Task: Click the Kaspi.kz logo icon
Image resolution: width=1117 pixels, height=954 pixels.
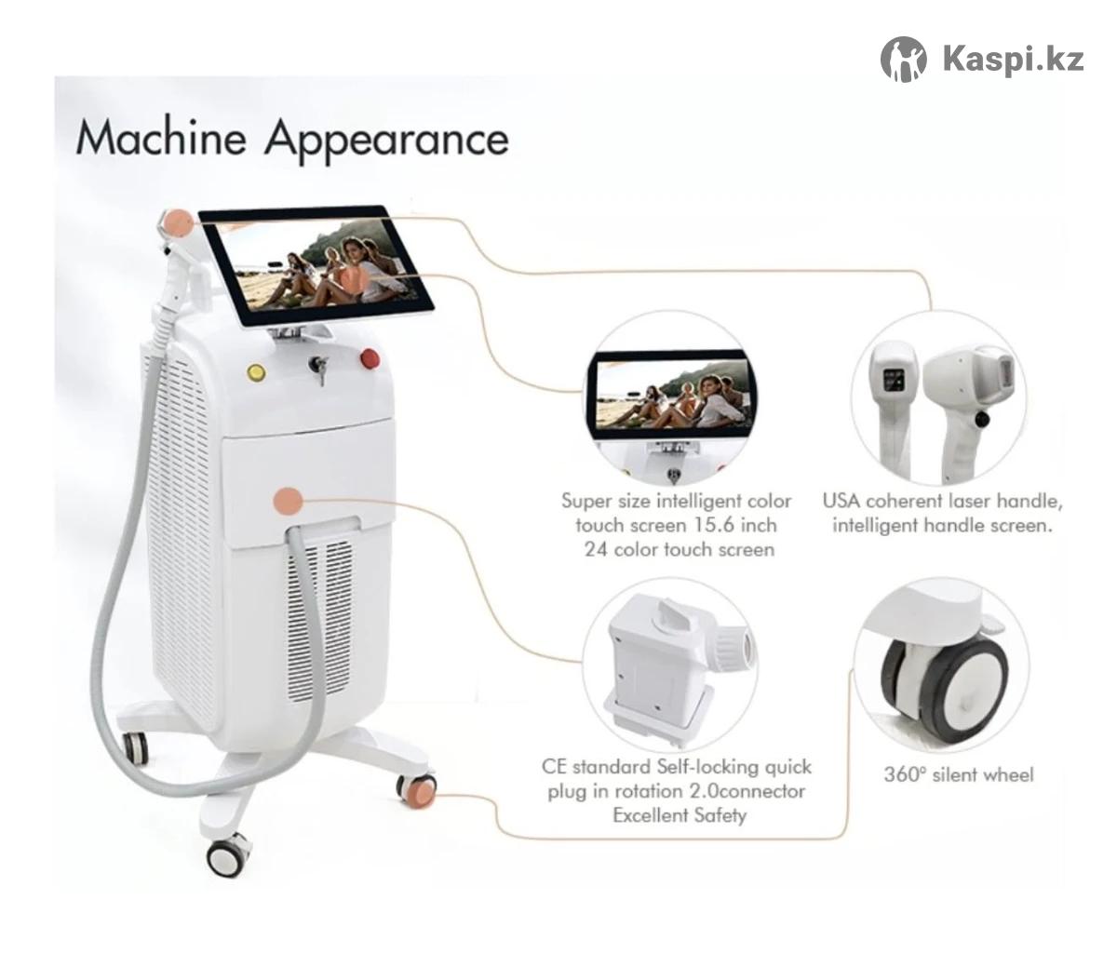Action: click(x=903, y=60)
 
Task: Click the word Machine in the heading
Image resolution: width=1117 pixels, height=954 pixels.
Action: click(x=161, y=139)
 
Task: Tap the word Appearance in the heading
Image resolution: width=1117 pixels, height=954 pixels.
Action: click(x=386, y=141)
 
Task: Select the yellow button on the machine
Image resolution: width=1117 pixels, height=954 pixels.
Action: click(x=254, y=371)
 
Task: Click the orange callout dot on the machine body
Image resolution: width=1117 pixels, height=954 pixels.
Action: click(x=289, y=501)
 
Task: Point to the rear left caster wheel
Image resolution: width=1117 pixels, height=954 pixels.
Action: click(x=135, y=748)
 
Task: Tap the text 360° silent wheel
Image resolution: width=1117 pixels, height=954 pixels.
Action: click(x=958, y=774)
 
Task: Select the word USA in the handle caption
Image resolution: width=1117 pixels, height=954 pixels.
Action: click(x=841, y=501)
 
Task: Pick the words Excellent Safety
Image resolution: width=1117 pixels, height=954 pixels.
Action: click(x=680, y=815)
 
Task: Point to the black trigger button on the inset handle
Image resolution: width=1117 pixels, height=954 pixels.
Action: click(x=981, y=419)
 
